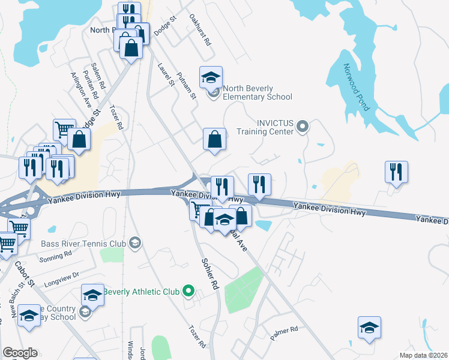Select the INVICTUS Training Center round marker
click(x=303, y=126)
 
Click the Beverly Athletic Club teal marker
click(x=188, y=292)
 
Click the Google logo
click(x=20, y=353)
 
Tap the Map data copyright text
click(x=424, y=355)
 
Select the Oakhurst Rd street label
click(x=200, y=31)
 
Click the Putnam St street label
click(x=187, y=85)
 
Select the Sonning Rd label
click(x=55, y=254)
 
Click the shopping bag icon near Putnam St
click(x=214, y=139)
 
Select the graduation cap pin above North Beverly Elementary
click(x=211, y=77)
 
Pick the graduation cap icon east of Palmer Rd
click(x=370, y=327)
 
